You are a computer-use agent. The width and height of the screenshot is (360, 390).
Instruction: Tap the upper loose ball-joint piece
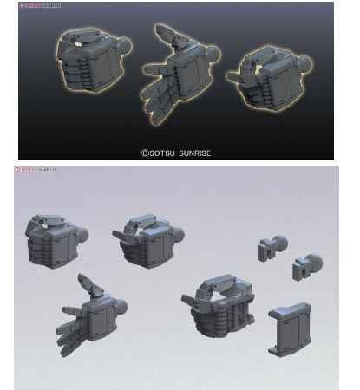click(x=273, y=248)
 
